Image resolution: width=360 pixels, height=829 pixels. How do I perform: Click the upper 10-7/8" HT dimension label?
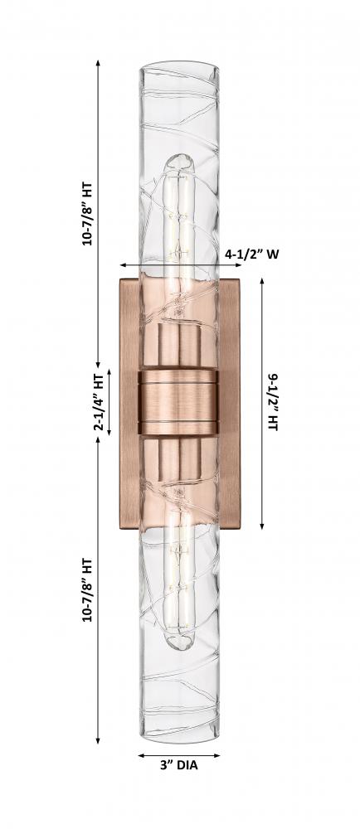(87, 213)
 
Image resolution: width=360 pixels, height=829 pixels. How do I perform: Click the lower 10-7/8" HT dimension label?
(87, 590)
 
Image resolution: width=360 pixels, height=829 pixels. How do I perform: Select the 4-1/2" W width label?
(252, 255)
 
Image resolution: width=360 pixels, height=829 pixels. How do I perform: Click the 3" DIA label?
(178, 764)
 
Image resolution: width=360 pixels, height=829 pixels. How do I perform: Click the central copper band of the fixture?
(178, 402)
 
